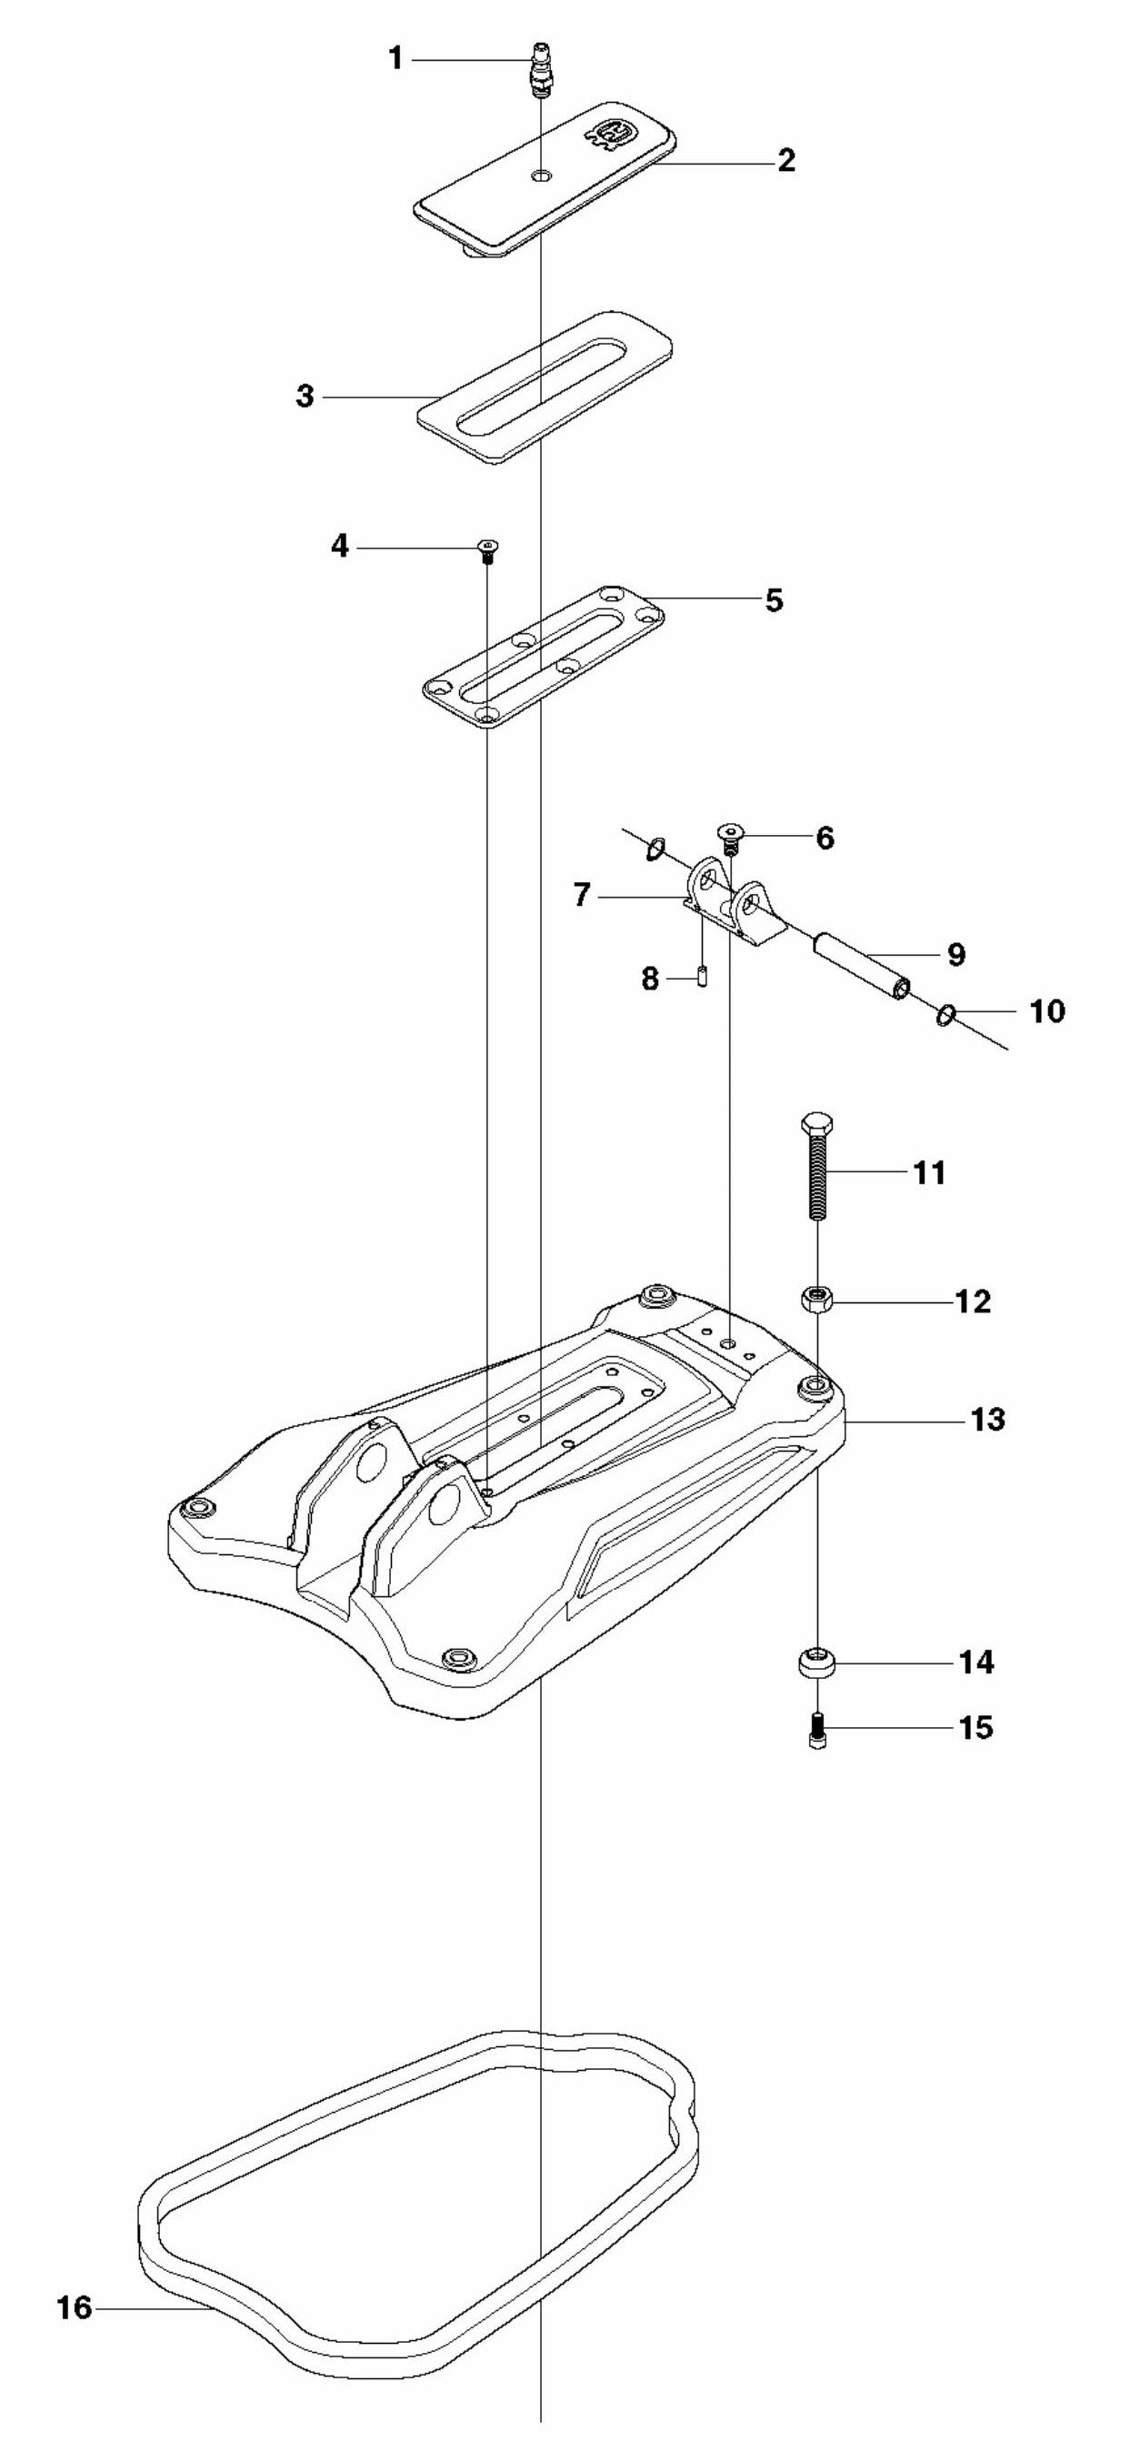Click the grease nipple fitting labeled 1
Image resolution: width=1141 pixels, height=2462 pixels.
[x=541, y=69]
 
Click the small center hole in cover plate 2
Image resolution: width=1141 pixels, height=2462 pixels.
[x=542, y=176]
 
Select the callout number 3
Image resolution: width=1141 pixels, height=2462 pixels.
[x=305, y=396]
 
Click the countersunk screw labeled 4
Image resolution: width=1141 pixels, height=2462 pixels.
[x=488, y=548]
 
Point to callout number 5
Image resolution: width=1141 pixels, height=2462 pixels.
[x=774, y=600]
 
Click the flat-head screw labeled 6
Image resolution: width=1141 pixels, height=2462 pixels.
[x=732, y=835]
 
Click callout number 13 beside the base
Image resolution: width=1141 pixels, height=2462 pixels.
[x=988, y=1420]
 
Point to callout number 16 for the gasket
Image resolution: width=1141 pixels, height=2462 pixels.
[x=75, y=2308]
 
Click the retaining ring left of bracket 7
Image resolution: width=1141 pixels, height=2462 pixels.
[x=655, y=848]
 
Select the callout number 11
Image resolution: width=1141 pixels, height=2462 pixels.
[x=930, y=1171]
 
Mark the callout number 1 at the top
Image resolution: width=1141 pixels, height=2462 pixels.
[x=395, y=59]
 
